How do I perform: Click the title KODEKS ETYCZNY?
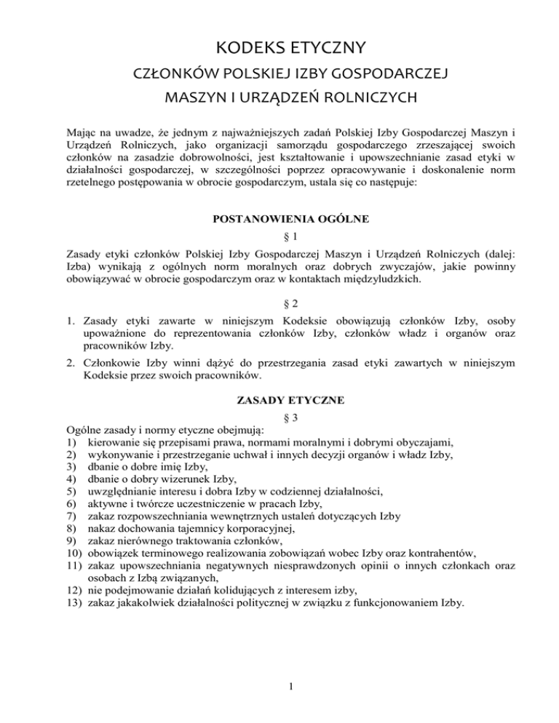pos(279,49)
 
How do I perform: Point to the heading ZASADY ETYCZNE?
pos(279,399)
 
